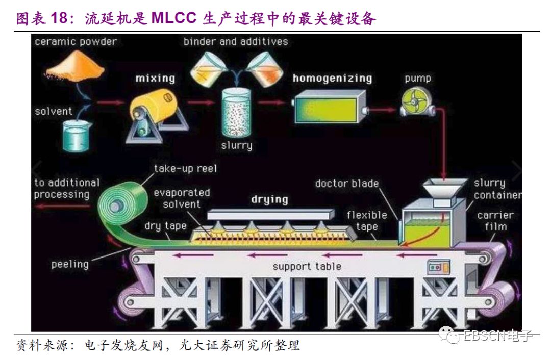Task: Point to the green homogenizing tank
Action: (330, 107)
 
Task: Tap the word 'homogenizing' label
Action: (332, 79)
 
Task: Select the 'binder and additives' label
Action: (236, 41)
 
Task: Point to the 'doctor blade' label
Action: (347, 183)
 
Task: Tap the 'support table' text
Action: (307, 266)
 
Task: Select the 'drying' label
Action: (269, 199)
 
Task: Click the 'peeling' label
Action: (70, 264)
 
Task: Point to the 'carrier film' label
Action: (495, 220)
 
